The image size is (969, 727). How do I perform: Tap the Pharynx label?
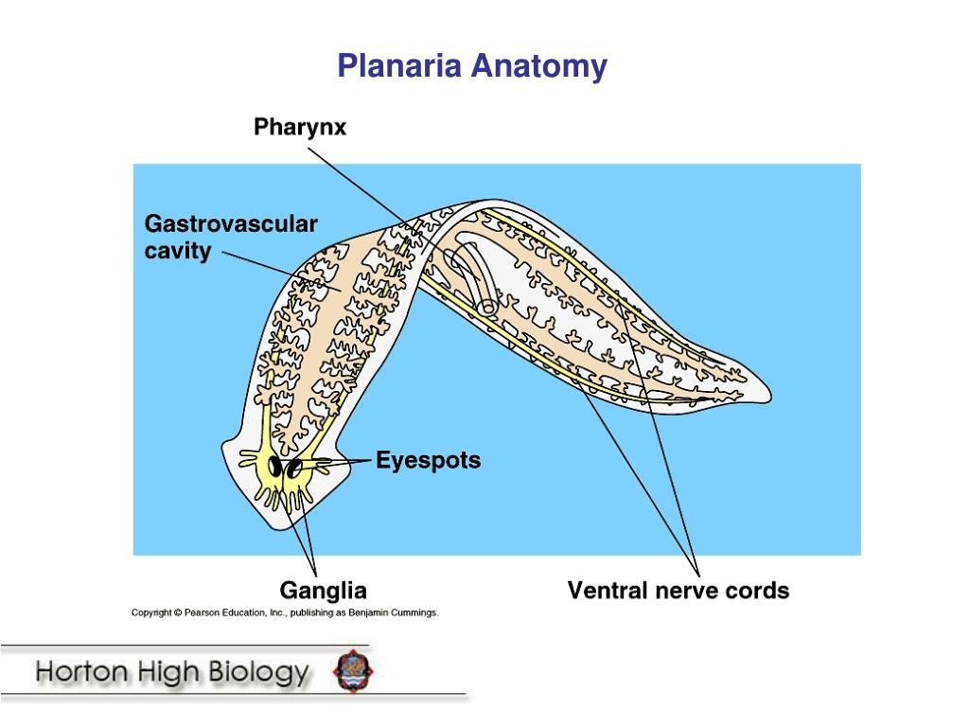[x=300, y=127]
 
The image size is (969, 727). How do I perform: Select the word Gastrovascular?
[x=231, y=224]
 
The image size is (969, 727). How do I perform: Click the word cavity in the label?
[x=178, y=252]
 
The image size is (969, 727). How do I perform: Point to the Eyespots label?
[x=429, y=461]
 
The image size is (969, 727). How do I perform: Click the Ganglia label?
[x=323, y=591]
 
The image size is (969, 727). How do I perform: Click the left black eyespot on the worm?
[x=276, y=467]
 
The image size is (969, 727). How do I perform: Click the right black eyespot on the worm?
[x=294, y=468]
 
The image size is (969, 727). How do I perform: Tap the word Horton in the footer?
[x=80, y=673]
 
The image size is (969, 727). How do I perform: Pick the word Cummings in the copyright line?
[x=414, y=612]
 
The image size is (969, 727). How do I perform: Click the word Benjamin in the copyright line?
[x=368, y=612]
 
